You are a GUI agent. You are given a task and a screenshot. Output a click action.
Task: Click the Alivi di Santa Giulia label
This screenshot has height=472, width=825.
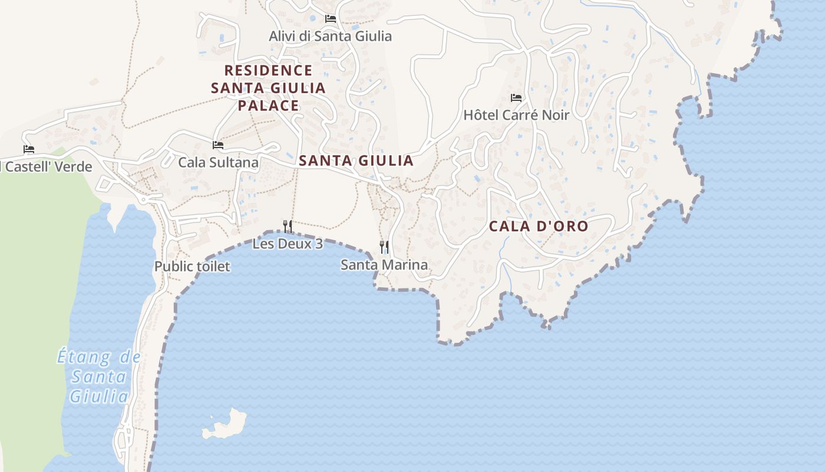click(x=330, y=36)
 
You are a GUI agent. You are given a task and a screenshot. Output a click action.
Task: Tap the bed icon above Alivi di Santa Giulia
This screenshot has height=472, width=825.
click(x=331, y=19)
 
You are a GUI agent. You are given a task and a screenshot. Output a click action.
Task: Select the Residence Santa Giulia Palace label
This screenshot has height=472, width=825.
click(x=268, y=88)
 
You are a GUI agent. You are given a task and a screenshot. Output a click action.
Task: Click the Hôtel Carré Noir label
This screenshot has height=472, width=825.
click(x=516, y=115)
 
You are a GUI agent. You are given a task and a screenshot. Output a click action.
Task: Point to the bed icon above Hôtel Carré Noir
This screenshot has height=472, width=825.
click(x=516, y=97)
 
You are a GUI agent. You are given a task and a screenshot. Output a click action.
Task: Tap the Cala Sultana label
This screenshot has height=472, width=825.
click(x=219, y=162)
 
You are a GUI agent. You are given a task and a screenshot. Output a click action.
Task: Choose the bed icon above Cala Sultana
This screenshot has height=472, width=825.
click(x=218, y=145)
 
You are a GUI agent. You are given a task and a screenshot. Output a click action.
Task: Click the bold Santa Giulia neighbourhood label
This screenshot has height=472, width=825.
click(x=356, y=160)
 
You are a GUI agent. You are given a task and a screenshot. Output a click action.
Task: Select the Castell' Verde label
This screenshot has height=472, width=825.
click(x=47, y=167)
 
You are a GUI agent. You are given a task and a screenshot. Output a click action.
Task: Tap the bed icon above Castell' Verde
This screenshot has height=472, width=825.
click(x=29, y=149)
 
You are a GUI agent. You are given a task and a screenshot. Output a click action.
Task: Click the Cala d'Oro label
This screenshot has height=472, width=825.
click(x=539, y=226)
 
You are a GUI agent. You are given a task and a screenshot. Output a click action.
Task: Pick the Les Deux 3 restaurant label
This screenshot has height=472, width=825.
click(x=288, y=244)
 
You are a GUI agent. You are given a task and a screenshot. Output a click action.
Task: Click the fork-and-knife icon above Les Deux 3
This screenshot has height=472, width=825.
click(x=288, y=226)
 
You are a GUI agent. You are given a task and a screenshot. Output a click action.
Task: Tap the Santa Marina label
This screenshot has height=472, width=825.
click(x=384, y=265)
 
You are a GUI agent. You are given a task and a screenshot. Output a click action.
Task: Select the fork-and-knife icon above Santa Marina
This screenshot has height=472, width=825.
click(x=384, y=247)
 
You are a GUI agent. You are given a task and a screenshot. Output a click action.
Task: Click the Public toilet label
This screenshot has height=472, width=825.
click(x=192, y=267)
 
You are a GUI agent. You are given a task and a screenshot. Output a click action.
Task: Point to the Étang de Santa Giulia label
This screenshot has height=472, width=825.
click(x=99, y=376)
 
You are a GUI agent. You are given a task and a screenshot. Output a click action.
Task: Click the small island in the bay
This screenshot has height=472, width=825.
click(x=226, y=424)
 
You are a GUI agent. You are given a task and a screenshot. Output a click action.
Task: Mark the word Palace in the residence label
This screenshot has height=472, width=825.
click(x=268, y=106)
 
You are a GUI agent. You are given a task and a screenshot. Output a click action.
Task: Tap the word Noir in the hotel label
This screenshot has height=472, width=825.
click(x=556, y=115)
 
